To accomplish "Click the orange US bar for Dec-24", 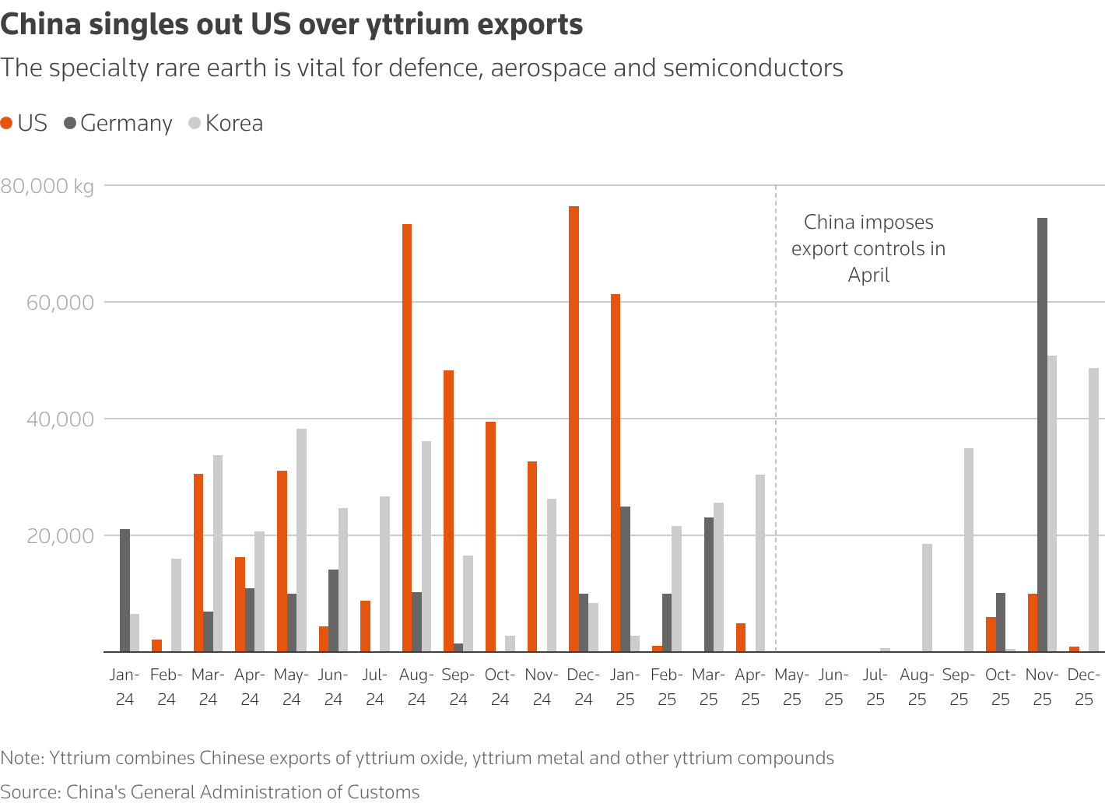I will coord(574,429).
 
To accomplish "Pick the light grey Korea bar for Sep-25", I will coord(969,549).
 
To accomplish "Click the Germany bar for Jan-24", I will coord(125,590).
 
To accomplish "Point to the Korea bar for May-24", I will coord(301,540).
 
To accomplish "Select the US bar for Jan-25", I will coord(616,472).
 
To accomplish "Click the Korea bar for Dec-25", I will coord(1093,510).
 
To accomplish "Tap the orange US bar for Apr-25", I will coord(741,637).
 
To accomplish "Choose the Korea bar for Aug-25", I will coord(927,598).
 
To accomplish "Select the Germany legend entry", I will coord(118,123).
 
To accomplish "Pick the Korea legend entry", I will coord(226,123).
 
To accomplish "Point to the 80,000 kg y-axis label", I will coord(47,186).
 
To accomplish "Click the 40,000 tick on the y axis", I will coord(60,419).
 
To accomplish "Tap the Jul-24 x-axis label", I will coord(375,687).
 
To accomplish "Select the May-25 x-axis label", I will coord(792,687).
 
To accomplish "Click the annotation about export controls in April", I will coord(868,248).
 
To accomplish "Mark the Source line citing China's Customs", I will coord(210,791).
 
